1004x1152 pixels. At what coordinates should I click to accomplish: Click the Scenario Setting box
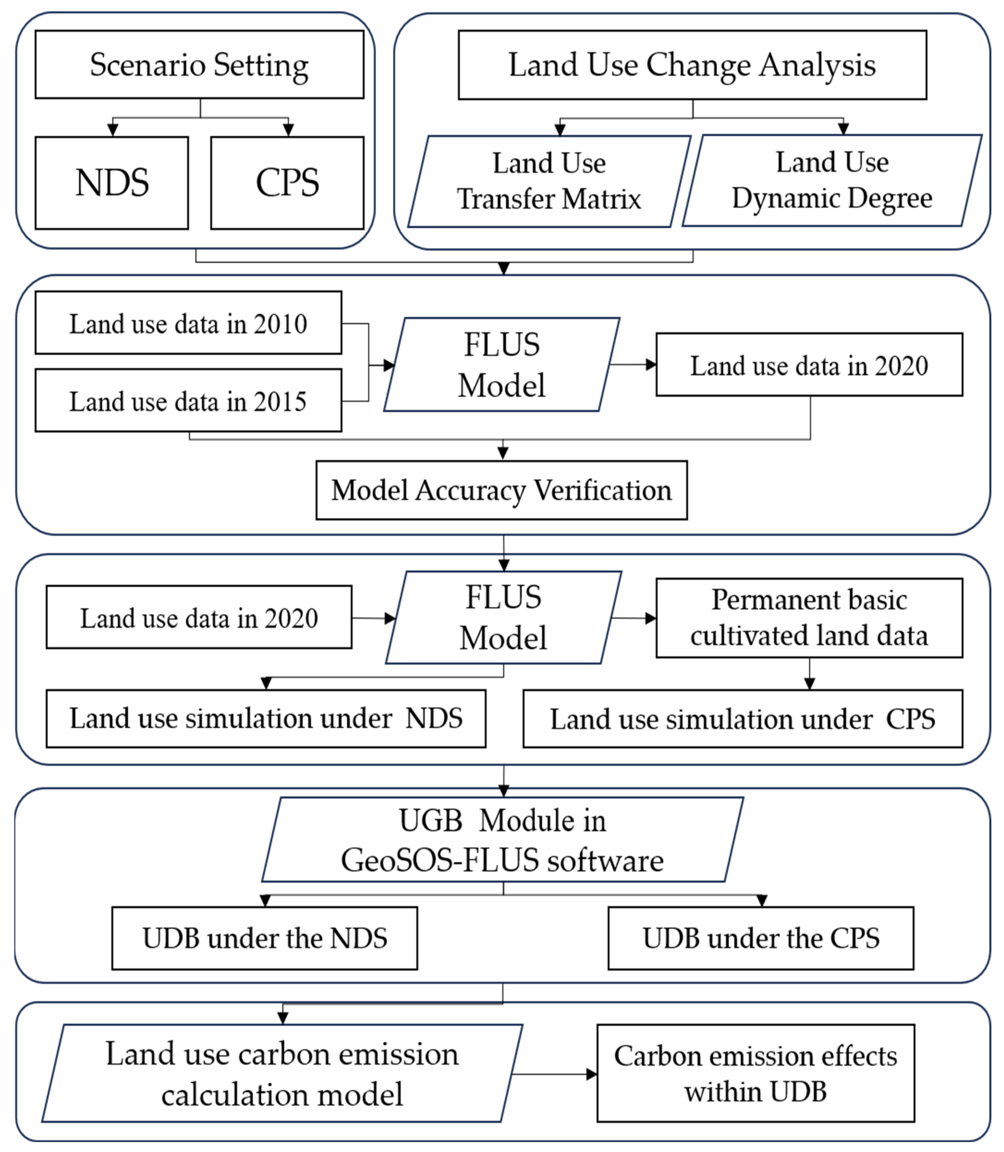[199, 64]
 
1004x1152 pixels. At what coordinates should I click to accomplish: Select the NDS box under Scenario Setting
[112, 183]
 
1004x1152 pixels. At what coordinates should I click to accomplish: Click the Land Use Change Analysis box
[692, 65]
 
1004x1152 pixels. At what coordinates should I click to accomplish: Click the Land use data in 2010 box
[188, 323]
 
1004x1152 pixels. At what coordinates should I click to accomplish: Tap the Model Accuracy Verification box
[501, 490]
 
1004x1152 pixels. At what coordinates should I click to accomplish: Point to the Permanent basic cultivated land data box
[809, 617]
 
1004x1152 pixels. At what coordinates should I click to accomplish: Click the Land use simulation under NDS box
[266, 718]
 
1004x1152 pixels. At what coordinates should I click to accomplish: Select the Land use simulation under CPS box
[742, 719]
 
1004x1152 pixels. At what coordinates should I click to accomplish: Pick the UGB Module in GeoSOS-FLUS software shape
[503, 840]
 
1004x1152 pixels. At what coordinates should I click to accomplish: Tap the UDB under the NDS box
[264, 939]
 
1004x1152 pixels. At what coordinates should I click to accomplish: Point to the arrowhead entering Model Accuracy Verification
[503, 454]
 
